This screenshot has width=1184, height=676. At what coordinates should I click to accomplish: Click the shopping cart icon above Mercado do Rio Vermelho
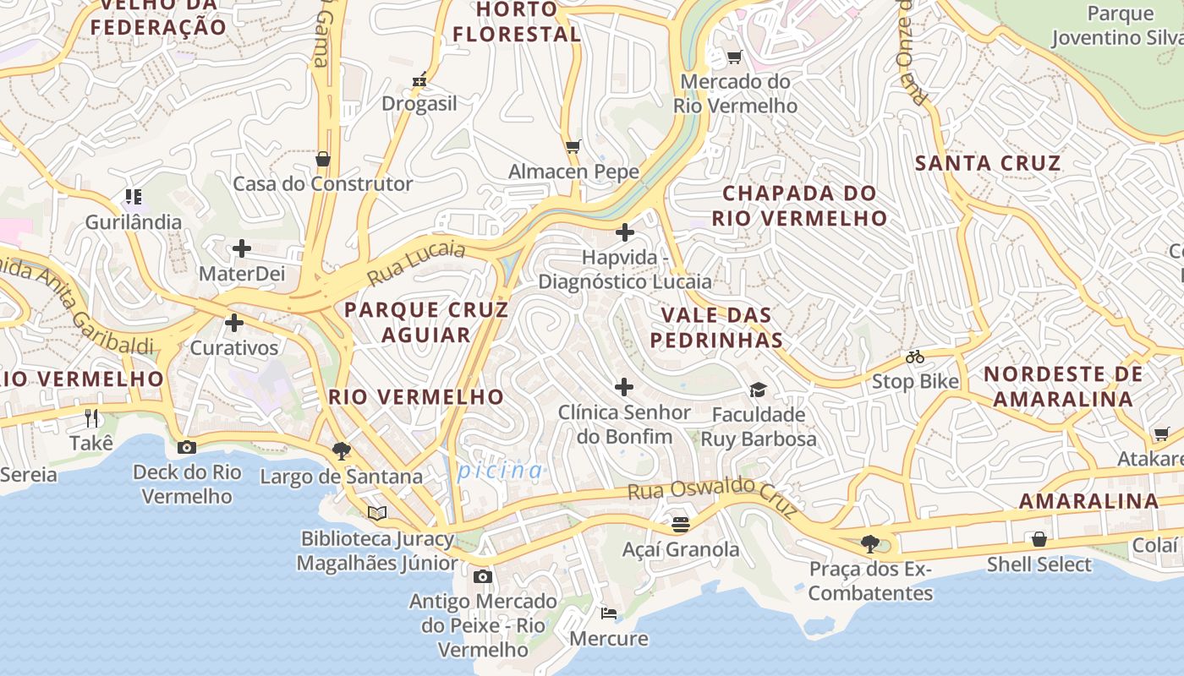click(734, 57)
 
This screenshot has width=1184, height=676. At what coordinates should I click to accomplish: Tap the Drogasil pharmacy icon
click(418, 81)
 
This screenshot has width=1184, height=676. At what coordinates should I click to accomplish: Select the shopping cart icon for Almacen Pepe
click(573, 146)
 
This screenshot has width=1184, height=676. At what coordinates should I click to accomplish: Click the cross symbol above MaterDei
click(242, 248)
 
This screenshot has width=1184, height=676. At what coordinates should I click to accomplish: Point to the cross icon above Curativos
click(234, 323)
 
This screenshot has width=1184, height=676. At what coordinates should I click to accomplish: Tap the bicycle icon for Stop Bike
click(914, 357)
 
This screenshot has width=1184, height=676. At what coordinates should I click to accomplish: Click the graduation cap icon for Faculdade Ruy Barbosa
click(758, 390)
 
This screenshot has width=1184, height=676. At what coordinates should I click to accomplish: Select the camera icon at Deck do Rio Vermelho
click(187, 447)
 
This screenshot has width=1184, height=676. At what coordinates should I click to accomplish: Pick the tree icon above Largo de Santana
click(341, 451)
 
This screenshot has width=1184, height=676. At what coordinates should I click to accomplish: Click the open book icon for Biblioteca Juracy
click(377, 513)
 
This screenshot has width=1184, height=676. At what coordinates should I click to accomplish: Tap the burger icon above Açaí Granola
click(680, 525)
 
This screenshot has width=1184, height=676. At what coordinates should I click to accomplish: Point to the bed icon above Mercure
click(608, 613)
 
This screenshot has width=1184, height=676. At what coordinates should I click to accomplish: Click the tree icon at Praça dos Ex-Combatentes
click(869, 543)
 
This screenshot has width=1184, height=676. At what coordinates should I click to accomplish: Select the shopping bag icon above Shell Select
click(1039, 539)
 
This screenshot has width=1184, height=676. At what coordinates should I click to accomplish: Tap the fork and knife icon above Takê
click(91, 417)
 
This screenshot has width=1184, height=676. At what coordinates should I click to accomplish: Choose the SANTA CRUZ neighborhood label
click(988, 163)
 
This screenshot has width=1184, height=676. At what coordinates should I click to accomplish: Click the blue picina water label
click(500, 471)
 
